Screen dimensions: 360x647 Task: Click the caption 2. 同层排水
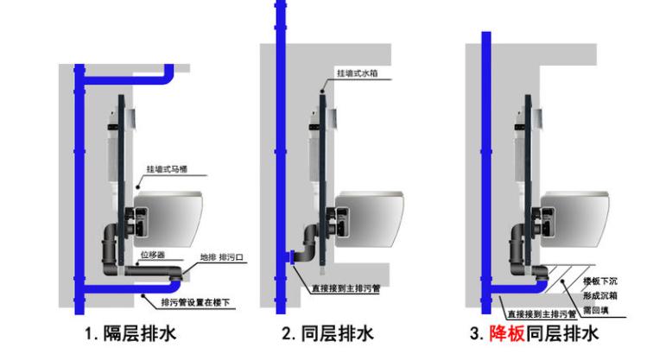pos(327,333)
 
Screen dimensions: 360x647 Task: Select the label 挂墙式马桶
pos(166,168)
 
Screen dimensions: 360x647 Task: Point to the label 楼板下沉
pos(601,281)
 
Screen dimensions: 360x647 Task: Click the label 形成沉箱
pos(601,294)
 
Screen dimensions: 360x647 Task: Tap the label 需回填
pos(599,306)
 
